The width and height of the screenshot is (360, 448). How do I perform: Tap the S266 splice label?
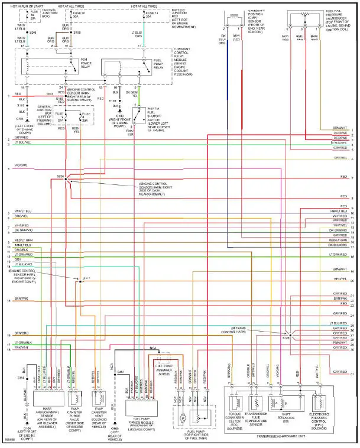tap(33, 33)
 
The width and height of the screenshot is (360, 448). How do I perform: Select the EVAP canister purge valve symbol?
tap(76, 396)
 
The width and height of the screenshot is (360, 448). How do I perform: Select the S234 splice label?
tap(60, 176)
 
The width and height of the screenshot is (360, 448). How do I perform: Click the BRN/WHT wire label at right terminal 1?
tap(339, 128)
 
